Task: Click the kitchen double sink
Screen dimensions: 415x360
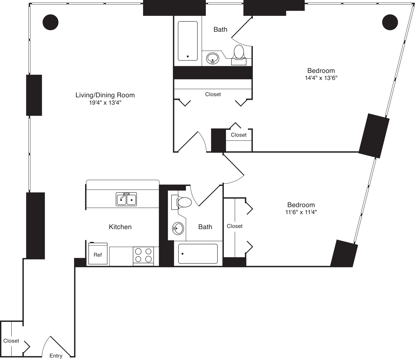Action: click(x=126, y=199)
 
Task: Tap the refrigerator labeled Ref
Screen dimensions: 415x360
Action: click(x=98, y=253)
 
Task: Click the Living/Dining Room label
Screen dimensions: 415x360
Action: click(x=105, y=95)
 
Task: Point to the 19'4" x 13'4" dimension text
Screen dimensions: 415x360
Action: click(x=105, y=103)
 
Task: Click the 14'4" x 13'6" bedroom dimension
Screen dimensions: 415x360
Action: click(x=321, y=78)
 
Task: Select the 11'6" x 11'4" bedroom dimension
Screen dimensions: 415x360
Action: click(x=301, y=212)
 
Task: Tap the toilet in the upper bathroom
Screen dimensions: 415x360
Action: click(x=239, y=55)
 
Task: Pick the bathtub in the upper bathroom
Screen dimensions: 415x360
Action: click(x=188, y=41)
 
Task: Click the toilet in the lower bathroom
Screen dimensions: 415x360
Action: click(x=181, y=202)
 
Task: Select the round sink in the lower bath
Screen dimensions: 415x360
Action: click(x=178, y=229)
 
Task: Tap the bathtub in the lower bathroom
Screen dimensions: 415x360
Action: click(x=198, y=254)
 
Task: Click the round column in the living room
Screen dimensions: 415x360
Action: click(x=50, y=22)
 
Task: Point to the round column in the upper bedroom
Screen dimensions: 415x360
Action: click(x=390, y=22)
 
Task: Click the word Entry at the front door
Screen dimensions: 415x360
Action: click(x=56, y=356)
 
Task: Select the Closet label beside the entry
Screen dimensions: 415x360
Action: click(x=11, y=341)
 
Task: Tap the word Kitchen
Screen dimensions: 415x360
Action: click(x=120, y=227)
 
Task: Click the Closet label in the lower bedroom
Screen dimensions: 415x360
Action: click(x=234, y=226)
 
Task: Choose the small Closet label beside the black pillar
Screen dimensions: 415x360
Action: click(x=238, y=135)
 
